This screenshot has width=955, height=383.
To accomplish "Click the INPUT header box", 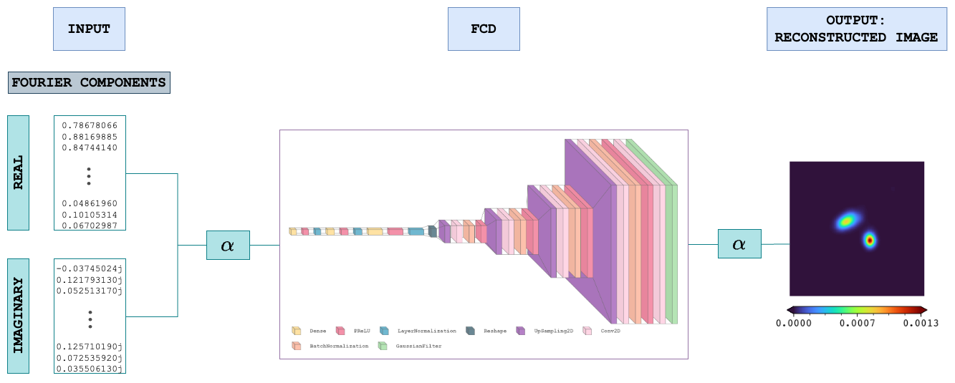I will pos(89,29).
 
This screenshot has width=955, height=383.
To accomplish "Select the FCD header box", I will pos(484,29).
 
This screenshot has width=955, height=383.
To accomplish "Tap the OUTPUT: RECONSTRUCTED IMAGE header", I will pos(855,29).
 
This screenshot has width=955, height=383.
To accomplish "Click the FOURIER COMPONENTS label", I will pos(89,82).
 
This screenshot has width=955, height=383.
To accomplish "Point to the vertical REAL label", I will pos(19,173).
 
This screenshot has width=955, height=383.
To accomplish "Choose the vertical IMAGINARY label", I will pos(19,316).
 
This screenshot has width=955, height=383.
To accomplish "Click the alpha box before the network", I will pos(228,245).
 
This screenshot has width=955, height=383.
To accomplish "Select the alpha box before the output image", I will pos(739,244).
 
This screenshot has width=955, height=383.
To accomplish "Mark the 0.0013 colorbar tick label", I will pos(921,323).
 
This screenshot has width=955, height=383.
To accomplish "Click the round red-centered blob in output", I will pos(870,240).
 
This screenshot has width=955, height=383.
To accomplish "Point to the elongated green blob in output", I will pos(848,220).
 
